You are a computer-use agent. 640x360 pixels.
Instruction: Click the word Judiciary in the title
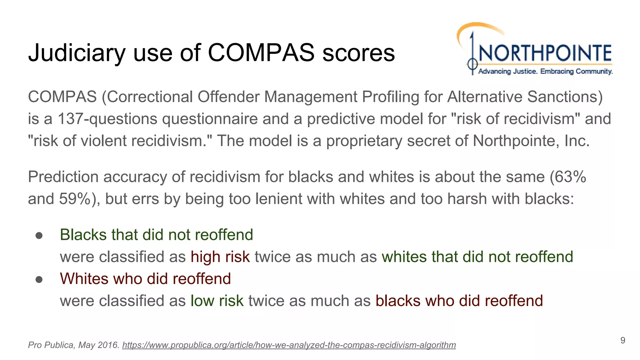(x=77, y=53)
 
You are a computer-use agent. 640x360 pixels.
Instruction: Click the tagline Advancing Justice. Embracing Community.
(x=545, y=72)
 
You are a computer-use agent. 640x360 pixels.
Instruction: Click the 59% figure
(x=74, y=199)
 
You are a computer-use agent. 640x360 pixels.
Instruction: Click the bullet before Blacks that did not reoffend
(x=39, y=235)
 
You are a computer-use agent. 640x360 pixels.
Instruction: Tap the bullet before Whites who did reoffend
(x=39, y=279)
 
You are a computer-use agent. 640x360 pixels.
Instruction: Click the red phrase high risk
(x=220, y=257)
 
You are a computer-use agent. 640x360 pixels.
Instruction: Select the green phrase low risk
(x=217, y=301)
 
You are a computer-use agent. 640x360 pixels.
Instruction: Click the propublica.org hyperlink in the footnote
(x=289, y=345)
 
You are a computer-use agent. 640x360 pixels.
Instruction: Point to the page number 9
(x=622, y=340)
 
